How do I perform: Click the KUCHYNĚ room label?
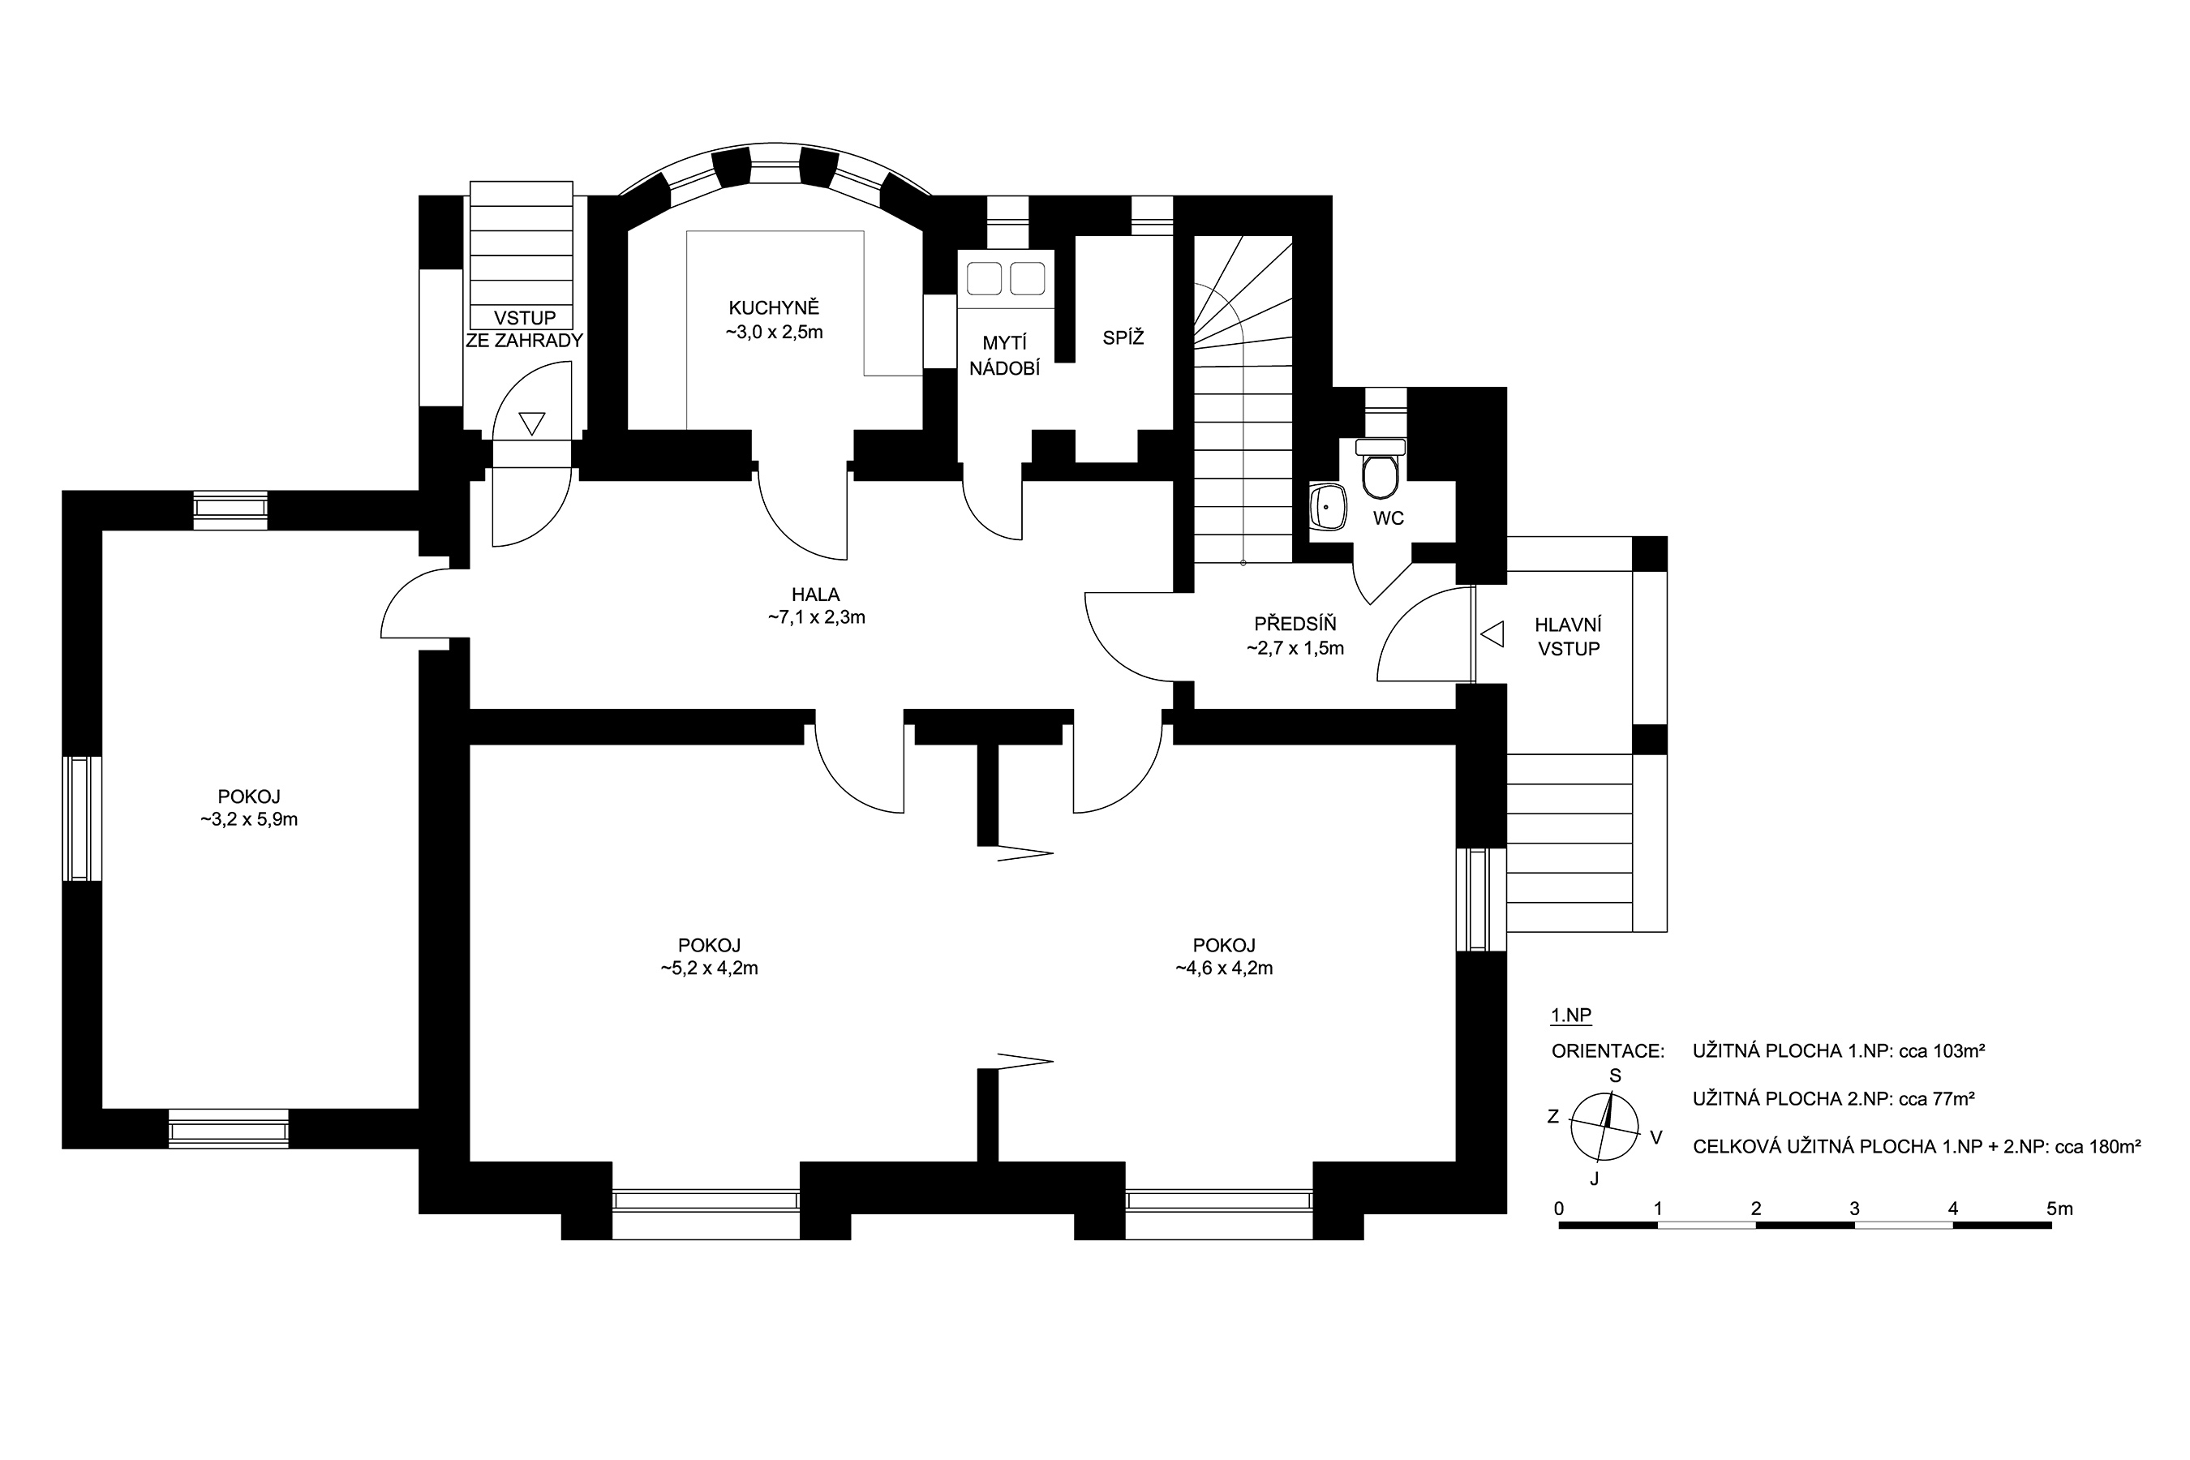tap(774, 308)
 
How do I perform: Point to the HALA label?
tap(816, 594)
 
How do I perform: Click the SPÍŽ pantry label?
tap(1123, 338)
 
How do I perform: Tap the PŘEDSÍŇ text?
tap(1295, 624)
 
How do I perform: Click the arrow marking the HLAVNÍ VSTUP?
tap(1492, 634)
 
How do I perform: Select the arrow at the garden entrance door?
tap(531, 423)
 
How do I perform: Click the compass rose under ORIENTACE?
tap(1604, 1127)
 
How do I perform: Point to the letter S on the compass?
tap(1616, 1076)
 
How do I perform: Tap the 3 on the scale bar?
tap(1854, 1209)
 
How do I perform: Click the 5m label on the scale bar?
tap(2059, 1209)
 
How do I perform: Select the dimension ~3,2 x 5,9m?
tap(249, 820)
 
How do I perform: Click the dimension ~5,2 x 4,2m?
tap(710, 968)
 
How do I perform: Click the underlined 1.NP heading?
tap(1572, 1016)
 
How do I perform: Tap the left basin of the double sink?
tap(984, 278)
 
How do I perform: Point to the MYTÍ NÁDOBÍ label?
tap(1005, 357)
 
